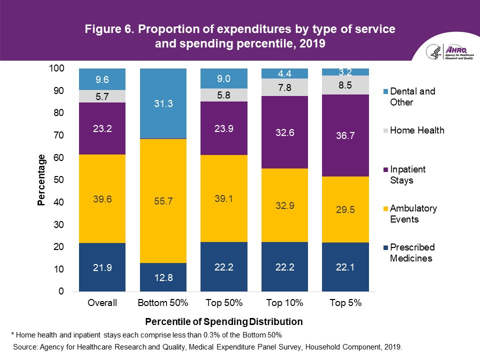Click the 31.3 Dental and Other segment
pyautogui.click(x=163, y=103)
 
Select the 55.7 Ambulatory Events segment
pyautogui.click(x=163, y=201)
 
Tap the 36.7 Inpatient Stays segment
pyautogui.click(x=345, y=135)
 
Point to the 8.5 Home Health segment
pyautogui.click(x=345, y=85)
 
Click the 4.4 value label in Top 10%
pyautogui.click(x=284, y=73)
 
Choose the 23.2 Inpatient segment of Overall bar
pyautogui.click(x=102, y=128)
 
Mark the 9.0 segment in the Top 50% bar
pyautogui.click(x=223, y=78)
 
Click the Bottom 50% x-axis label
pyautogui.click(x=163, y=302)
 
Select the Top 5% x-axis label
pyautogui.click(x=345, y=302)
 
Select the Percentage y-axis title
pyautogui.click(x=42, y=180)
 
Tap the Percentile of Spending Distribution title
pyautogui.click(x=224, y=320)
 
